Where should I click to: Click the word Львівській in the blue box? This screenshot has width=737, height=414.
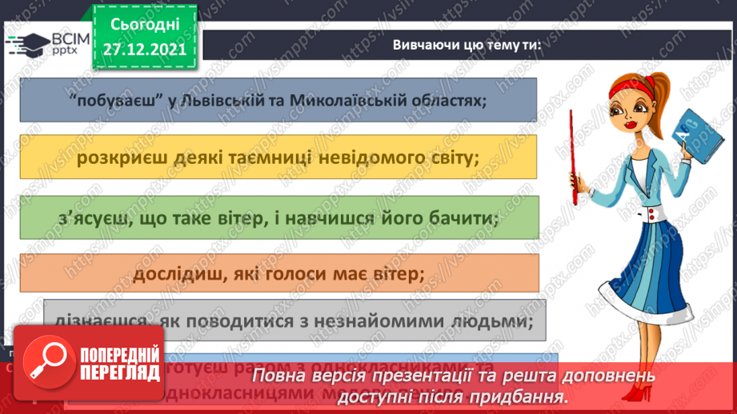(x=253, y=102)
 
